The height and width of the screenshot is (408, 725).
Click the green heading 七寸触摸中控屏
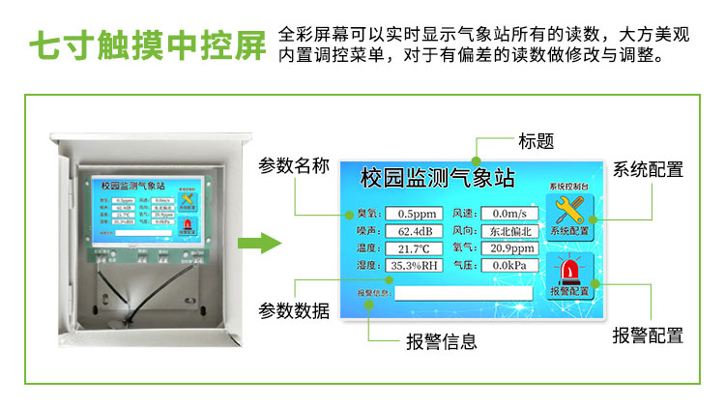pos(146,46)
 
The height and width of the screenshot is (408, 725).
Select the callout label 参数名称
pos(294,166)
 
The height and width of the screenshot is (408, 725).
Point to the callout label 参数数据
pos(294,311)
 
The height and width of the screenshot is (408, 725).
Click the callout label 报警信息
pos(442,342)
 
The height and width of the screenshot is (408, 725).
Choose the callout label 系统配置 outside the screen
pos(649,170)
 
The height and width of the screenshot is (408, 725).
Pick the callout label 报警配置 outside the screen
pos(649,335)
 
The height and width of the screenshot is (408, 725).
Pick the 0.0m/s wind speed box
pos(508,214)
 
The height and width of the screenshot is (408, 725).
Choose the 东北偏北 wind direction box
pos(508,231)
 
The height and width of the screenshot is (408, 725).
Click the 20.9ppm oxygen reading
pos(508,248)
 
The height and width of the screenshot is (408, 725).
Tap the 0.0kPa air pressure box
pos(508,265)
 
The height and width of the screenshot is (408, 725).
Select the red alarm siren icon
pos(568,270)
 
